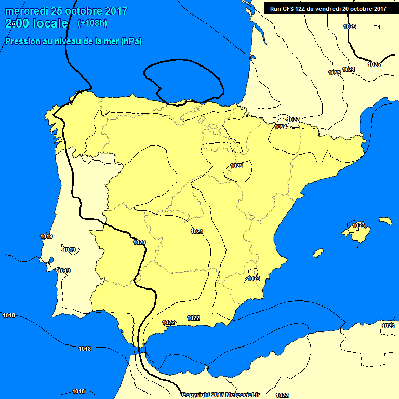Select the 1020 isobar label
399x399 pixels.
tap(139, 242)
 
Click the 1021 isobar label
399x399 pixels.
tap(197, 231)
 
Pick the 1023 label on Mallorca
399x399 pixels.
tap(358, 225)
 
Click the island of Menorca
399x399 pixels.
tap(385, 221)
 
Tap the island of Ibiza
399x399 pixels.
tap(318, 252)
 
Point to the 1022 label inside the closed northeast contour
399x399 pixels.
tap(236, 166)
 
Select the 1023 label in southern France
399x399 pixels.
tap(335, 73)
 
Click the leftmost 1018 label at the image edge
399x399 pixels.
tap(9, 315)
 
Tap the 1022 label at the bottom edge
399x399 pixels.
tap(282, 395)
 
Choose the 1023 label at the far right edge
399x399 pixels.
tap(388, 326)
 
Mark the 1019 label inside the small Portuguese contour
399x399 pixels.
tap(69, 250)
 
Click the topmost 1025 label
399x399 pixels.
tap(350, 26)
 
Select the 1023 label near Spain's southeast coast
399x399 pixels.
tap(253, 278)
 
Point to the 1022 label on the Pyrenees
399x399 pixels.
tap(293, 119)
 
